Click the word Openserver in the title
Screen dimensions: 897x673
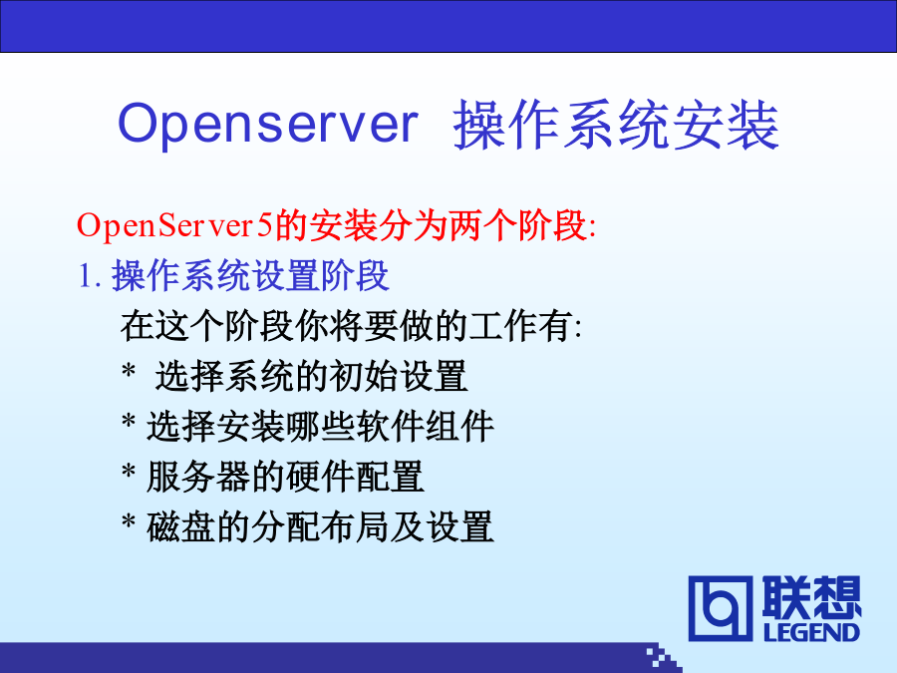coord(268,125)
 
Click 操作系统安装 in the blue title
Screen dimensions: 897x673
coord(616,125)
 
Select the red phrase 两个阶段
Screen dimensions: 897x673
coord(517,225)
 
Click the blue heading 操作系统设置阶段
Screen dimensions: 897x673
coord(250,275)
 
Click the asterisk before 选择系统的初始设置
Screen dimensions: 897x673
coord(129,370)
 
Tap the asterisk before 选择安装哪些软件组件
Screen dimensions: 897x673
coord(129,420)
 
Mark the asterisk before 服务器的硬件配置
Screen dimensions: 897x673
coord(129,471)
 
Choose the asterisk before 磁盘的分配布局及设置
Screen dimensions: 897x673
coord(129,520)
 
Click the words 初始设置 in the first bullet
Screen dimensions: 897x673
coord(398,376)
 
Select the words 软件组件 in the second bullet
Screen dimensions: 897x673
coord(425,427)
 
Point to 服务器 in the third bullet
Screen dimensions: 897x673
coord(198,477)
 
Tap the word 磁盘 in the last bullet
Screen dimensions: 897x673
coord(180,527)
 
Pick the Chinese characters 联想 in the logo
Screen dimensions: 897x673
coord(811,597)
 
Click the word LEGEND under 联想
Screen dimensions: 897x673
coord(811,632)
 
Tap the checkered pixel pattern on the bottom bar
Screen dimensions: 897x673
coord(664,658)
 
